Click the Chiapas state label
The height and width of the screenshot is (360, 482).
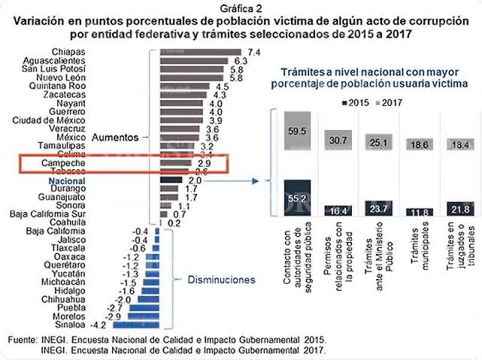[67, 51]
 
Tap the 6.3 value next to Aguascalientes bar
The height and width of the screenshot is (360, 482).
[241, 61]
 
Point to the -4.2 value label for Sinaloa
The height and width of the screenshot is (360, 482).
[97, 325]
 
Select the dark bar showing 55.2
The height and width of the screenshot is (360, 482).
[293, 197]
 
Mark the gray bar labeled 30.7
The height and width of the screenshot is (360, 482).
[337, 139]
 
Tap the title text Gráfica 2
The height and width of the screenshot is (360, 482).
[241, 7]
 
